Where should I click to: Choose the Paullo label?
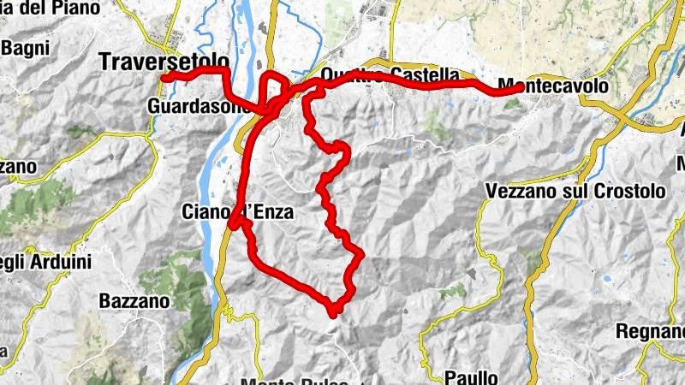pyautogui.click(x=472, y=376)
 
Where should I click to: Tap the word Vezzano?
pyautogui.click(x=520, y=191)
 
